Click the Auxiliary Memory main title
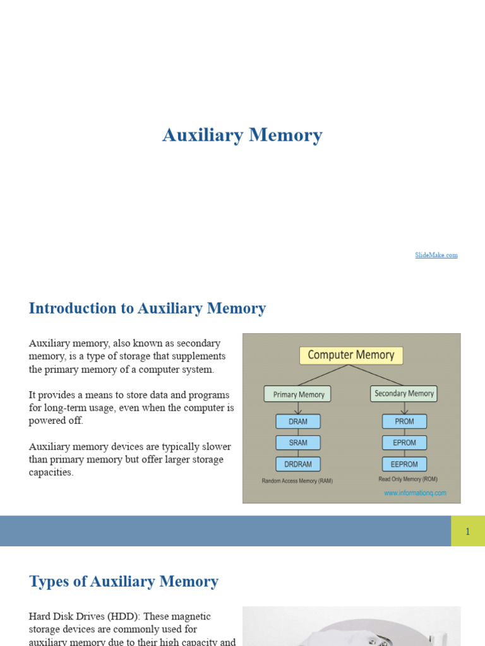pos(242,135)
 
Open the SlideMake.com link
pos(436,255)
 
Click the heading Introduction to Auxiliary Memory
pos(147,308)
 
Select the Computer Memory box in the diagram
pos(350,355)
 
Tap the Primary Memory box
pos(298,394)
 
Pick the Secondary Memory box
pos(404,394)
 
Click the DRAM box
pos(298,421)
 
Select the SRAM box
pos(298,443)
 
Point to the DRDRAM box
pos(298,464)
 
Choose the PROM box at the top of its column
pos(404,421)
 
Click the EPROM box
pos(404,443)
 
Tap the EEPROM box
pos(404,464)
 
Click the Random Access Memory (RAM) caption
pos(297,481)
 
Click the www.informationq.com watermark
pos(415,493)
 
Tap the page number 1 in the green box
pos(468,531)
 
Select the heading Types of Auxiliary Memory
pos(124,582)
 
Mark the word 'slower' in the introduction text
pos(215,447)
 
